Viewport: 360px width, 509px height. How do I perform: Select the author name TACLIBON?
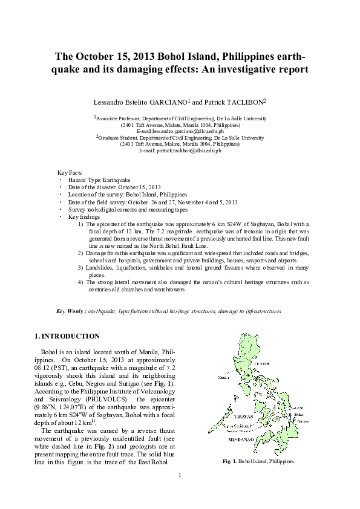[x=244, y=103]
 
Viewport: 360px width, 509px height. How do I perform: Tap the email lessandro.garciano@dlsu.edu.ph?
[x=180, y=131]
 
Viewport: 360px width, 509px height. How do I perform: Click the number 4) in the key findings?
[x=82, y=282]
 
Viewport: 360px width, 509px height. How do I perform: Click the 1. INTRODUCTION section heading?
[x=67, y=336]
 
